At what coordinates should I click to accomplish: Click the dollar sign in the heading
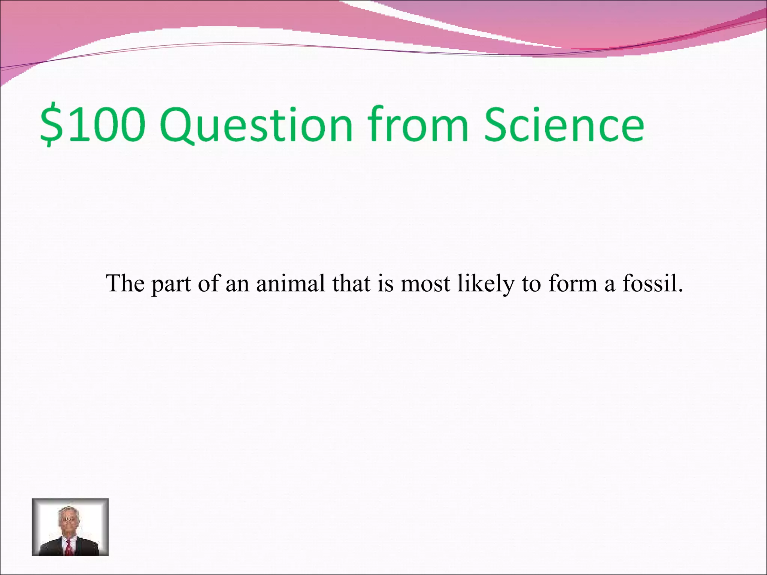click(51, 125)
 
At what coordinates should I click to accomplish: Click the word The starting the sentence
click(125, 283)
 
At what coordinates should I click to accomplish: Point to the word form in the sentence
click(573, 283)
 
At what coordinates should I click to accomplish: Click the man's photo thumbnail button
click(70, 527)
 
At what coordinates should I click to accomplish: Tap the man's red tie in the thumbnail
click(69, 547)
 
